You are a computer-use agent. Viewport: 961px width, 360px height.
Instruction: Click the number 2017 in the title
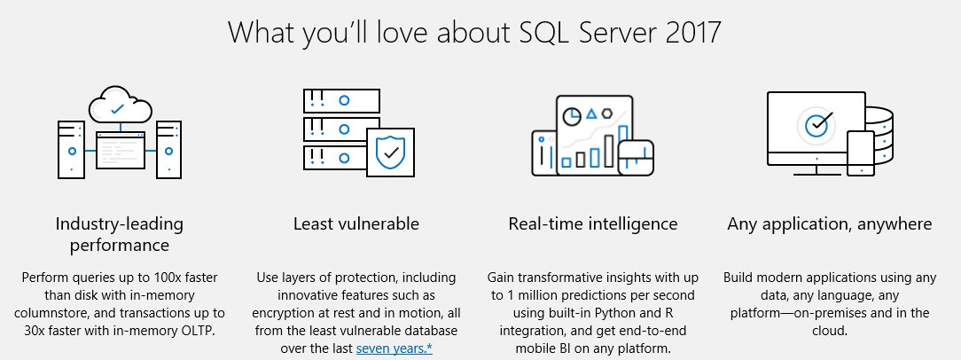tap(691, 32)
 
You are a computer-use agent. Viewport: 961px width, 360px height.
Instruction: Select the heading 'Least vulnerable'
tap(356, 223)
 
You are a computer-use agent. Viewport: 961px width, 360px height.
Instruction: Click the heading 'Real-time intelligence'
tap(592, 223)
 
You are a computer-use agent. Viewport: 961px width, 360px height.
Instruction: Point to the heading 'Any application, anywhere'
tap(829, 223)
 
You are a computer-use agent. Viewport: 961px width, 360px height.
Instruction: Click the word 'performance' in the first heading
tap(120, 244)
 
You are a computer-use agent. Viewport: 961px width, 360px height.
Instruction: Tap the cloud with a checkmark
tap(118, 107)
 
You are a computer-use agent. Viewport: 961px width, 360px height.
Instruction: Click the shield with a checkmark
tap(390, 153)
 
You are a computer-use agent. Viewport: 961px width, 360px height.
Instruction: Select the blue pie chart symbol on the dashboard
tap(574, 113)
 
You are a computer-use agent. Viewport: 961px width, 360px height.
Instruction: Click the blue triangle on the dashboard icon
tap(591, 113)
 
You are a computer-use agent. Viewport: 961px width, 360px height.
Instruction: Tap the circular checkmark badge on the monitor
tap(816, 125)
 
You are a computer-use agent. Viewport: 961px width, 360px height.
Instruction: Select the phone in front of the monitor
tap(861, 153)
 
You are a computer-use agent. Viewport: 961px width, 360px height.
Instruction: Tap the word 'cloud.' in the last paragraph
tap(829, 331)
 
